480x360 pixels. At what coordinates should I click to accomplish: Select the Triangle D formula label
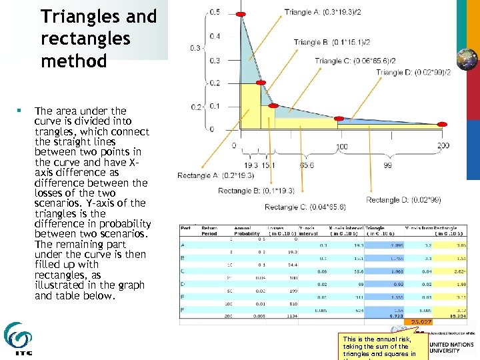click(413, 72)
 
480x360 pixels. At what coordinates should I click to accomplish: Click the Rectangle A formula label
click(214, 175)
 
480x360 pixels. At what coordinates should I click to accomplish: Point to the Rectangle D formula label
click(403, 199)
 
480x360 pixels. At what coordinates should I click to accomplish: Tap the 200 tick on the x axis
click(443, 145)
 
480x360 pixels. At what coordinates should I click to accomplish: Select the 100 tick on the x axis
click(341, 145)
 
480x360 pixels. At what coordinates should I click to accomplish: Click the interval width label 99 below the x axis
click(388, 165)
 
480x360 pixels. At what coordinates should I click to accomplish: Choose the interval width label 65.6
click(307, 165)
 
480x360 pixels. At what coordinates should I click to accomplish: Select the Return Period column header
click(209, 231)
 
